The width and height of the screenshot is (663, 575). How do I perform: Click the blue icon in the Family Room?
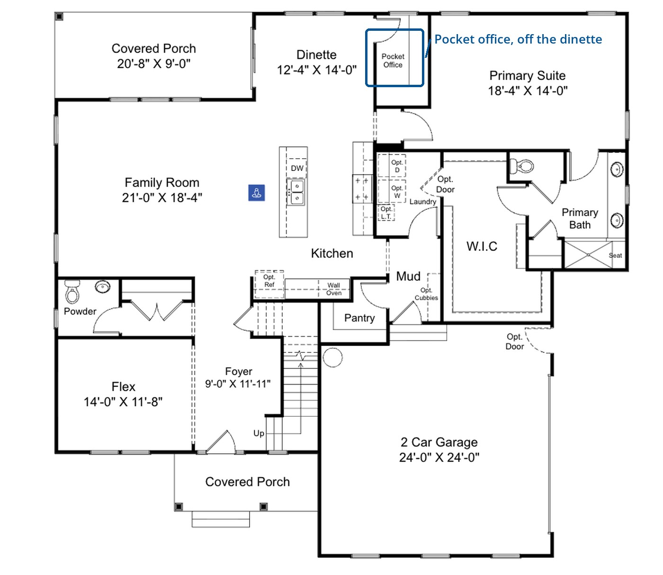[256, 192]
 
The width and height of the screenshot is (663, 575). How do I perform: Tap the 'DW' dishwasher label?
[297, 168]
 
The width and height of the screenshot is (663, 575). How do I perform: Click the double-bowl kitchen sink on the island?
[296, 191]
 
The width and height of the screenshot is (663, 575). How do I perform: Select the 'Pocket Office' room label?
[393, 61]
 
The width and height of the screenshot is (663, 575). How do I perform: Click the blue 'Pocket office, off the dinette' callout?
[518, 39]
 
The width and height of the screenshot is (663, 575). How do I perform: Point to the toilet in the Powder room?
[72, 292]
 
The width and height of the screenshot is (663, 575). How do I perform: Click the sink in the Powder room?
[103, 286]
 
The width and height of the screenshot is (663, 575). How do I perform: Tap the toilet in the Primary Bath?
[521, 166]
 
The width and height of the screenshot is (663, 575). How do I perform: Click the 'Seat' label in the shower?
[615, 255]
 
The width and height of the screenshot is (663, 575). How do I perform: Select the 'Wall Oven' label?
[333, 289]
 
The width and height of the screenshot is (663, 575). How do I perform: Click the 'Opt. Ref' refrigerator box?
[269, 284]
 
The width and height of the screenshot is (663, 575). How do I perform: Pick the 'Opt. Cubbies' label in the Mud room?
[426, 294]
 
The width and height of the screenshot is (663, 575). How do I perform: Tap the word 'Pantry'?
[359, 318]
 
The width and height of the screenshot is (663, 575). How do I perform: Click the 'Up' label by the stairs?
[259, 433]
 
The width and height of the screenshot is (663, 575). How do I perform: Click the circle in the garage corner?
[332, 358]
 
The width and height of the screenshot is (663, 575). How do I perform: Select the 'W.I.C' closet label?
[482, 246]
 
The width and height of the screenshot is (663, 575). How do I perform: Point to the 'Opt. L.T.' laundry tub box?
[386, 213]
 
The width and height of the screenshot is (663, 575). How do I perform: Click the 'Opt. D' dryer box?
[392, 165]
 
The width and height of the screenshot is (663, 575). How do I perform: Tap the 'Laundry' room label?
[423, 201]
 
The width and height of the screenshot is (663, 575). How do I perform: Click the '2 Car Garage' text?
[439, 442]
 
